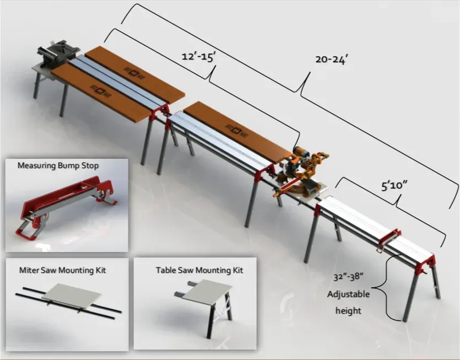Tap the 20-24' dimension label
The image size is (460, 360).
pyautogui.click(x=331, y=60)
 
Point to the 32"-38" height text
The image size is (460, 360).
pyautogui.click(x=348, y=277)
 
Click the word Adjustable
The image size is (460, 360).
pyautogui.click(x=348, y=294)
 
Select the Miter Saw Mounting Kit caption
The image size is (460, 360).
pyautogui.click(x=63, y=270)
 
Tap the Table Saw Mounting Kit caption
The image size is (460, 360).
pyautogui.click(x=199, y=270)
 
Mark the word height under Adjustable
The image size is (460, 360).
pyautogui.click(x=348, y=310)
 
